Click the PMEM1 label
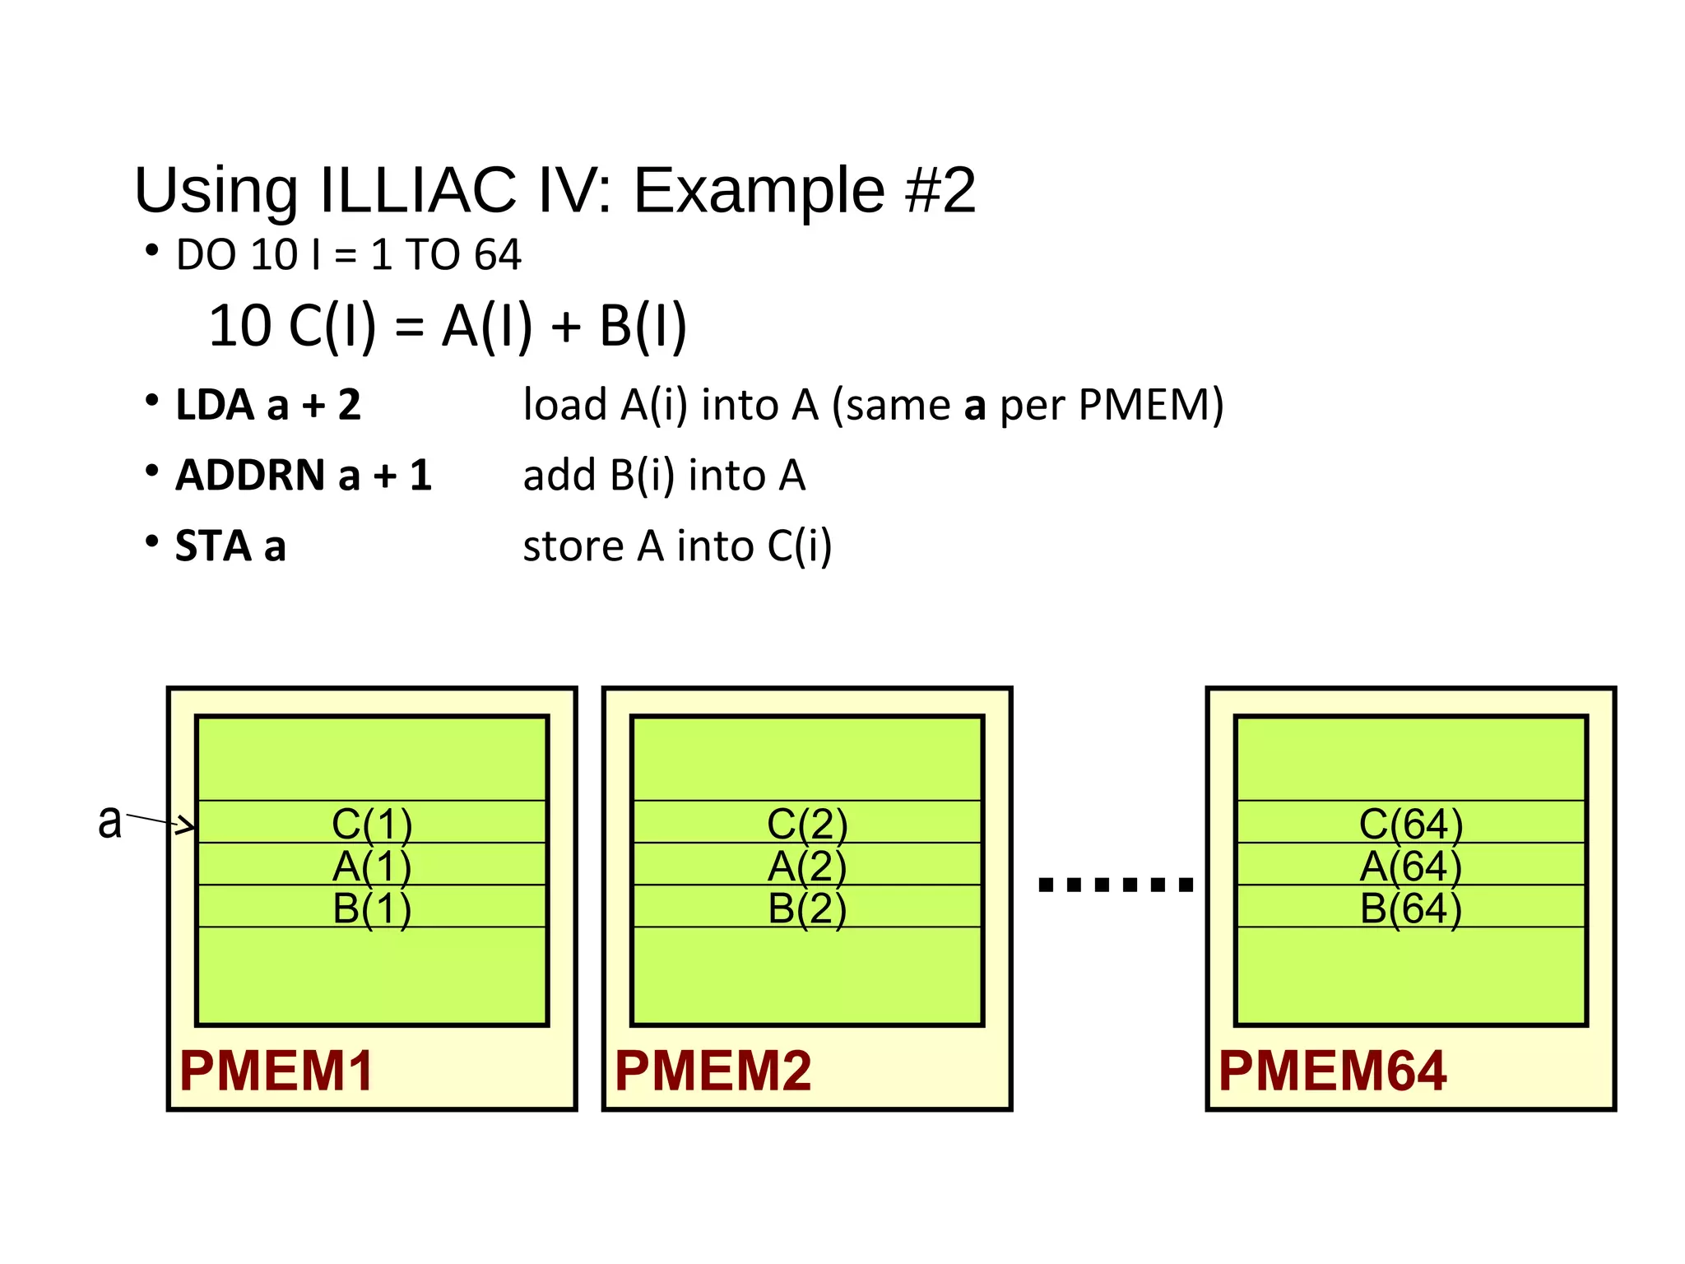pyautogui.click(x=276, y=1071)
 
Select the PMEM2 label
pyautogui.click(x=713, y=1071)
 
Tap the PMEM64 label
pyautogui.click(x=1331, y=1071)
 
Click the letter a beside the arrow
pyautogui.click(x=109, y=820)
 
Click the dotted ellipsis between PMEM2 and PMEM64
pyautogui.click(x=1116, y=885)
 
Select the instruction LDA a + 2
pyautogui.click(x=268, y=405)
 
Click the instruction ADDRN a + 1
pyautogui.click(x=303, y=476)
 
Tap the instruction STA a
pyautogui.click(x=230, y=546)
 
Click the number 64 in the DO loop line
pyautogui.click(x=497, y=254)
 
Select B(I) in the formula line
pyautogui.click(x=643, y=326)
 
